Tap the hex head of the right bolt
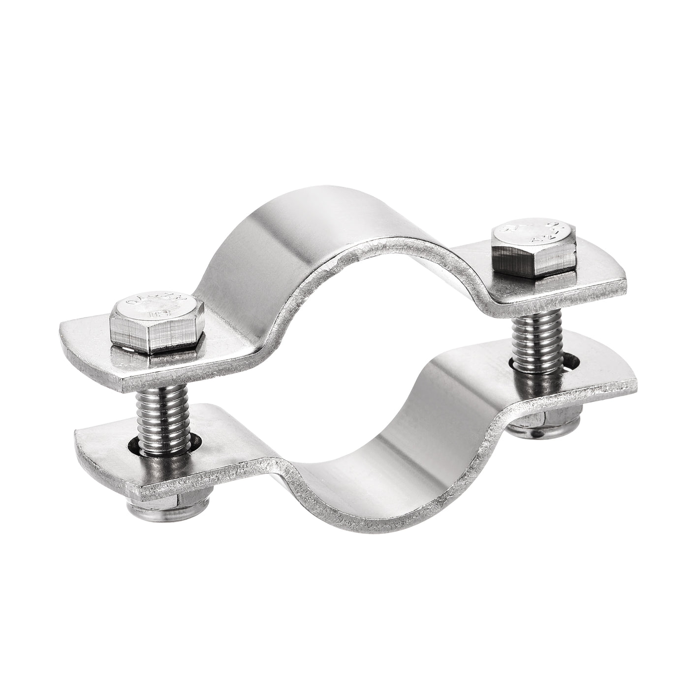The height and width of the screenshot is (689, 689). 534,249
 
